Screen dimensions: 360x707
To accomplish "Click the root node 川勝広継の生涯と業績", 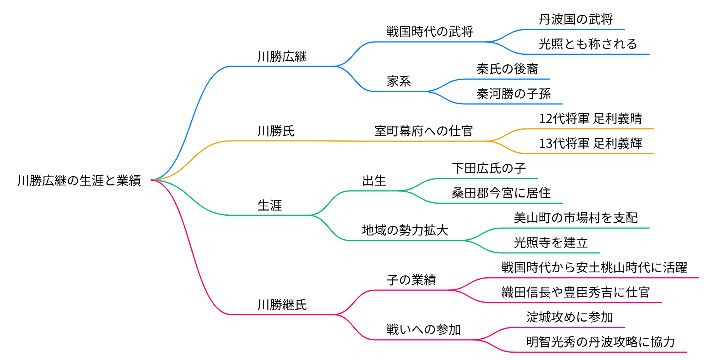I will [79, 180].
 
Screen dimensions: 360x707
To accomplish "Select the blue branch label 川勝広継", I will [282, 57].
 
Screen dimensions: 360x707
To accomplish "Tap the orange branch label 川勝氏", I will [276, 131].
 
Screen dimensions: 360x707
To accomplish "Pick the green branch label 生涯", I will [270, 205].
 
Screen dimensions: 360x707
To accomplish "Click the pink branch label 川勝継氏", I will [282, 305].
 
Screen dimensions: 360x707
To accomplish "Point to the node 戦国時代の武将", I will [430, 32].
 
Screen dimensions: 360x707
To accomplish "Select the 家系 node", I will [399, 81].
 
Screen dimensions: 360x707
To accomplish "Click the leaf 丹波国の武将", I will [575, 19].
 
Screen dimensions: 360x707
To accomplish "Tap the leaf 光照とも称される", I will [587, 44].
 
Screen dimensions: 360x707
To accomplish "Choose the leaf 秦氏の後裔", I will [507, 69].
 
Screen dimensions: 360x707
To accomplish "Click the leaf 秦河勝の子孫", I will [513, 94].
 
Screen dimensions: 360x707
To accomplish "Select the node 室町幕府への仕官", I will [423, 131].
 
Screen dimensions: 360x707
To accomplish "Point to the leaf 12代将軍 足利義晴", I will [590, 119].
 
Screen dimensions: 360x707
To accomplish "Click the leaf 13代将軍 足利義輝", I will [590, 144].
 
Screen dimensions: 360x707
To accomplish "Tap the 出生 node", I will [374, 181].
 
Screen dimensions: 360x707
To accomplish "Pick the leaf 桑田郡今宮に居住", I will [501, 193].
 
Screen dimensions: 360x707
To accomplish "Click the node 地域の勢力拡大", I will [405, 230].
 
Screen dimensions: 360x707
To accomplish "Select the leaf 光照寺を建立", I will [551, 243].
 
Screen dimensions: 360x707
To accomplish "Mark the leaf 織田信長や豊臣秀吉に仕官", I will [575, 292].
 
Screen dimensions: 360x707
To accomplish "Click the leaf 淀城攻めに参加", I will [569, 317].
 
